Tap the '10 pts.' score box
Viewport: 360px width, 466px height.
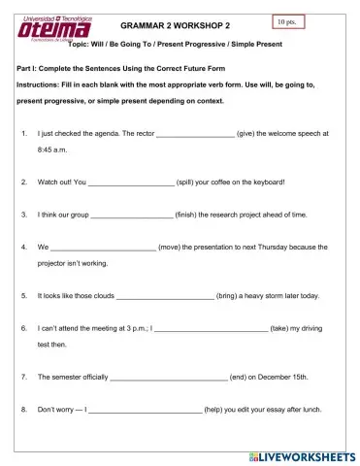[x=282, y=19]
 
